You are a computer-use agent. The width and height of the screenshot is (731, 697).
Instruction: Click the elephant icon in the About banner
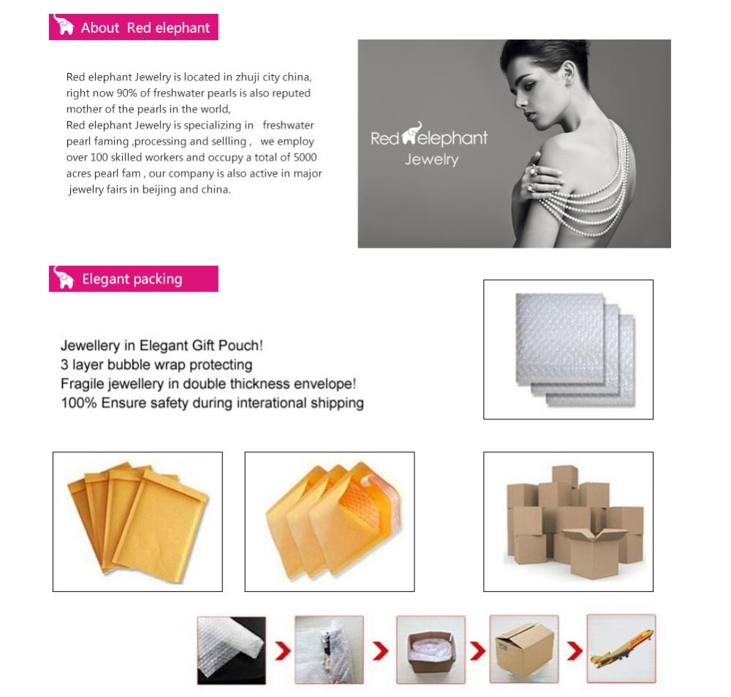click(x=64, y=25)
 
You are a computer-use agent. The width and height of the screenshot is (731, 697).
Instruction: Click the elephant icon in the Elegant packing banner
click(x=64, y=277)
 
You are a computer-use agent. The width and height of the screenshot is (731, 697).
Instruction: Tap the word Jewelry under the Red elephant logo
click(x=431, y=160)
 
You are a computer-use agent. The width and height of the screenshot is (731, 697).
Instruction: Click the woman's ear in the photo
click(x=568, y=72)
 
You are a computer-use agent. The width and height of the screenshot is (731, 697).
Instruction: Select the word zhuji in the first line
click(x=247, y=77)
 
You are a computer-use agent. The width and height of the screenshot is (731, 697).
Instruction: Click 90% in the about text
click(x=126, y=94)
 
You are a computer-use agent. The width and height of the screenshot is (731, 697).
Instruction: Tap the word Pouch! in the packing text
click(x=240, y=346)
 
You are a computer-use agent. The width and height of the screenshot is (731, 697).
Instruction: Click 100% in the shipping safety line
click(x=79, y=403)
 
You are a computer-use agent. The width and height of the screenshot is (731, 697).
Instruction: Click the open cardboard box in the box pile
click(x=593, y=553)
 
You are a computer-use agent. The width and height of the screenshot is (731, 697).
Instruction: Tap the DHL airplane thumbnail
click(x=621, y=648)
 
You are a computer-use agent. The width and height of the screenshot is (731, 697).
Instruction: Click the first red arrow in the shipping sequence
click(x=282, y=651)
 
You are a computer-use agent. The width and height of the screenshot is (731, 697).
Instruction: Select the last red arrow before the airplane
click(x=575, y=651)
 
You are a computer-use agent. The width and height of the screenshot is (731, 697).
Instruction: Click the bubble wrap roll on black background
click(x=232, y=650)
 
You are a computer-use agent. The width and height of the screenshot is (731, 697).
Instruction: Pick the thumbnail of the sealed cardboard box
click(x=524, y=649)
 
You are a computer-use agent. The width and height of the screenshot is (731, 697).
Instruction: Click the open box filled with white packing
click(x=431, y=650)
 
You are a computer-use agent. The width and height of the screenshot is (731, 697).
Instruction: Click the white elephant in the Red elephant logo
click(x=411, y=133)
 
